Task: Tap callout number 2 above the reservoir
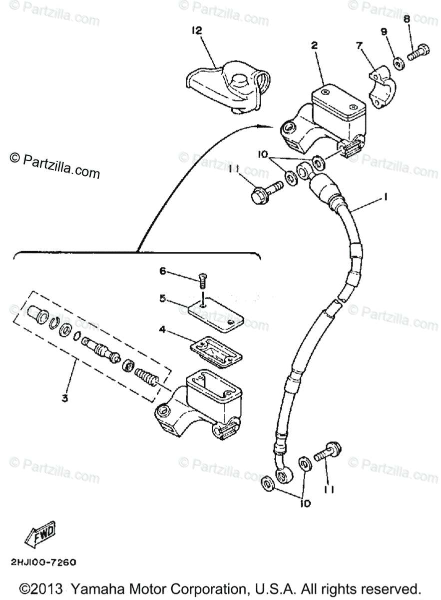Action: [314, 45]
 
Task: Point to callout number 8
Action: [407, 18]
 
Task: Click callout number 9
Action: [384, 31]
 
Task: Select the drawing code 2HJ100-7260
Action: [42, 562]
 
